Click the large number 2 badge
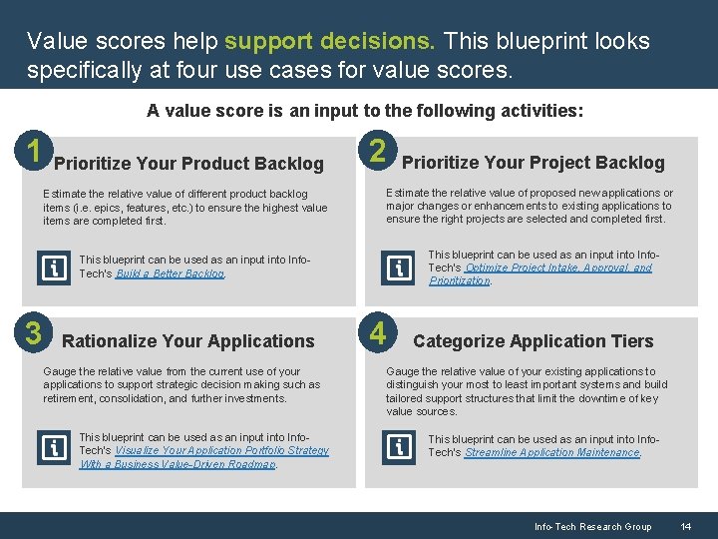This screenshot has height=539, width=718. tap(378, 152)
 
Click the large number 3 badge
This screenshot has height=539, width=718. tap(35, 332)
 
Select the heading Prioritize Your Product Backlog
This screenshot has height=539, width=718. tap(188, 164)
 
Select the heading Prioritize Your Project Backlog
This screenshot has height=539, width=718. tap(533, 163)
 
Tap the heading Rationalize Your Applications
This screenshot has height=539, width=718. tap(188, 341)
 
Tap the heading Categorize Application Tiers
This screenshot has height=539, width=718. tap(533, 341)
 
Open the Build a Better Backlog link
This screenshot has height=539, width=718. tap(171, 273)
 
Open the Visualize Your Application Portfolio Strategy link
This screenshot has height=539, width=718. tap(221, 451)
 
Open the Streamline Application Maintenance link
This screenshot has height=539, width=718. tap(552, 453)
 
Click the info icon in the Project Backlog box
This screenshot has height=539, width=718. tap(398, 268)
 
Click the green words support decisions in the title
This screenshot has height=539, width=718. tap(329, 42)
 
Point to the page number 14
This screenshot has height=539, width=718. tap(685, 526)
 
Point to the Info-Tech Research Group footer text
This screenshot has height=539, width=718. tap(592, 526)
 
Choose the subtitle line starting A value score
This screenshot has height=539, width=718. tap(365, 111)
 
